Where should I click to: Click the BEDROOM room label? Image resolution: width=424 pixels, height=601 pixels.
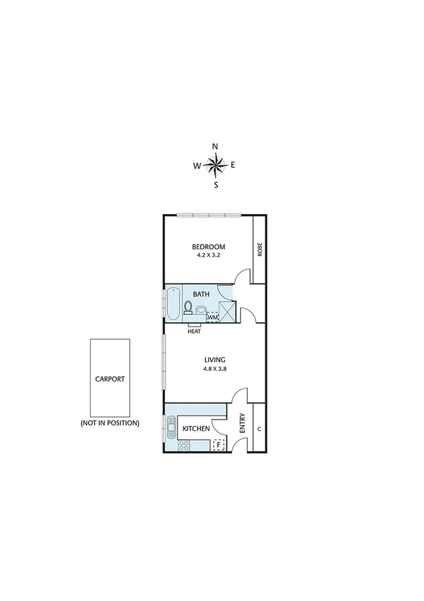[208, 247]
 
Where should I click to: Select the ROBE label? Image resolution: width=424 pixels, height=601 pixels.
[260, 249]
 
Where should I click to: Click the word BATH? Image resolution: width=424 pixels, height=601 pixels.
[202, 293]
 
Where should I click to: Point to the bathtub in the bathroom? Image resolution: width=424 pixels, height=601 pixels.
[173, 305]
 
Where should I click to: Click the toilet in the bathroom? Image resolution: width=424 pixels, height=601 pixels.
[188, 307]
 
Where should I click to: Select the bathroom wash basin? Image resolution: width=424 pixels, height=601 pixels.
[201, 310]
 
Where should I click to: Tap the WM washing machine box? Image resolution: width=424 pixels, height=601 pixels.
[212, 317]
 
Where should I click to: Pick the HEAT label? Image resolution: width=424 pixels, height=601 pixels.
[194, 330]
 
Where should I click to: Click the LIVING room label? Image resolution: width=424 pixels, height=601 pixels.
[214, 359]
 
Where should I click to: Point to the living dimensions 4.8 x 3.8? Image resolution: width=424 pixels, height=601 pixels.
[214, 369]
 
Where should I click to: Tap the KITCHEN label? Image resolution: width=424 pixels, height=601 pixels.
[195, 429]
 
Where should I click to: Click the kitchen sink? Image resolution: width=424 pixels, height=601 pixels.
[172, 426]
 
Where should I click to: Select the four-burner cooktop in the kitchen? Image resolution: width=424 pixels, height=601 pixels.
[184, 445]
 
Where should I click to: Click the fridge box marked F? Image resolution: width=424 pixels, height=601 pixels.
[219, 445]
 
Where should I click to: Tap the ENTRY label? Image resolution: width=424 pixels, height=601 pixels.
[242, 423]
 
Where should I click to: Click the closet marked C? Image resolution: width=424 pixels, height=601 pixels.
[259, 429]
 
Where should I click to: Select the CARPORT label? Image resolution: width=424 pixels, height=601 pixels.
[110, 378]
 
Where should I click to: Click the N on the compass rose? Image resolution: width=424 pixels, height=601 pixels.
[216, 147]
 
